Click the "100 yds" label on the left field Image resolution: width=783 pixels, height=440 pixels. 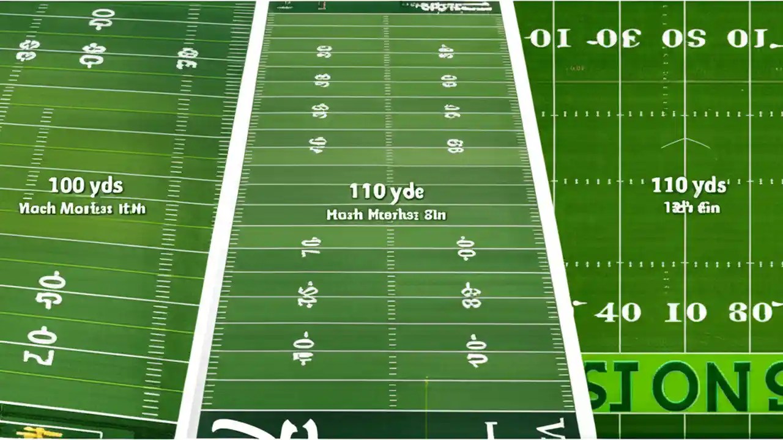coord(86,185)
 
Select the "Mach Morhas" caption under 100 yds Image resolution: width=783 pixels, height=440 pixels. coord(82,208)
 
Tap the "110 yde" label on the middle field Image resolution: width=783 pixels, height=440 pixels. coord(387,192)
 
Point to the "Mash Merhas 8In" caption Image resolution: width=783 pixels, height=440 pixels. coord(387,215)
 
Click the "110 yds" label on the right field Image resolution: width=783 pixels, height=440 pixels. coord(689,185)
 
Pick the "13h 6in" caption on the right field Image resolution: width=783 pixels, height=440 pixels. coord(692,208)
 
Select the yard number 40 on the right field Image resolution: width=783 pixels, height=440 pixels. coord(618,313)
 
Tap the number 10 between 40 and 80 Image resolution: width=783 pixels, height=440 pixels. coord(686,313)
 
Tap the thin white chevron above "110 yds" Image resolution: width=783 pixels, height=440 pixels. coord(685,143)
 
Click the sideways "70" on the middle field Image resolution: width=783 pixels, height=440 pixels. coord(310,247)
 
